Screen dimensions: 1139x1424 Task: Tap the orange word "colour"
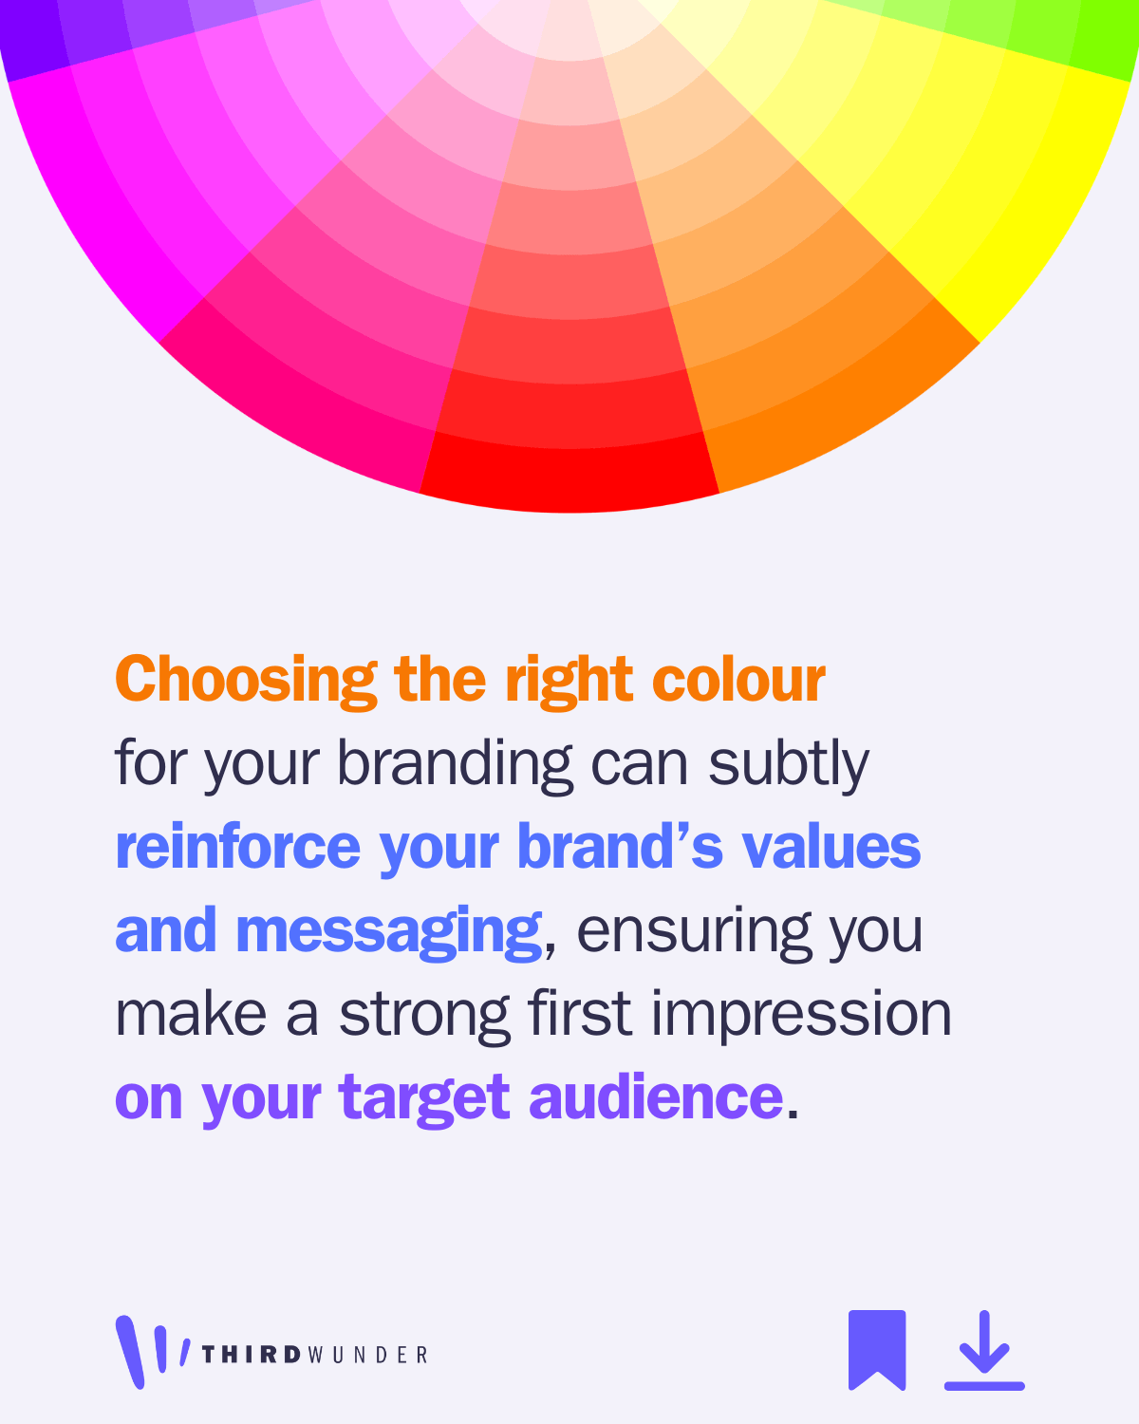coord(738,679)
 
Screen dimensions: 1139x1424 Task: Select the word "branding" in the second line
coord(455,765)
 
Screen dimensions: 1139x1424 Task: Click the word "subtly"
coord(788,765)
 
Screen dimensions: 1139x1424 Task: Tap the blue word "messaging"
coord(388,931)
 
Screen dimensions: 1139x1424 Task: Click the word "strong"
coord(424,1016)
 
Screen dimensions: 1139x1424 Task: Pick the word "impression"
coord(801,1016)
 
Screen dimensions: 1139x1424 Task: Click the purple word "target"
coord(423,1099)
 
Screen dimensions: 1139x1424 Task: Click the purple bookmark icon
coord(877,1350)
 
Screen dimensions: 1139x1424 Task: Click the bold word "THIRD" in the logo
coord(252,1355)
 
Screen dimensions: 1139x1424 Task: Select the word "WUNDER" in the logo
coord(367,1355)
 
